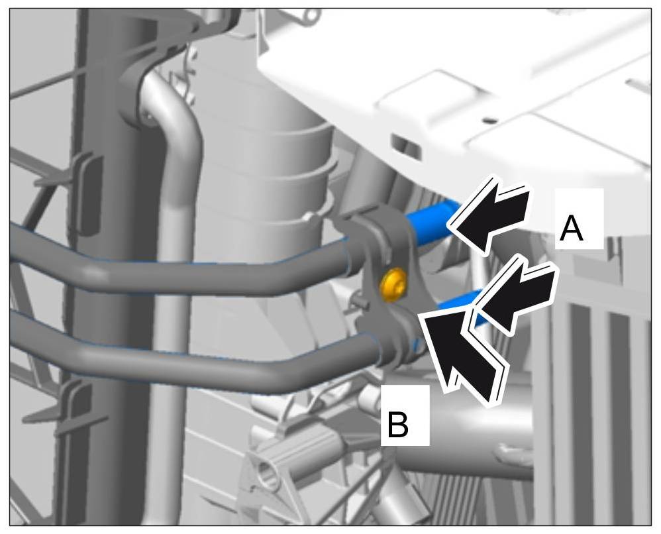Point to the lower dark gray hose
pyautogui.click(x=199, y=354)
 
